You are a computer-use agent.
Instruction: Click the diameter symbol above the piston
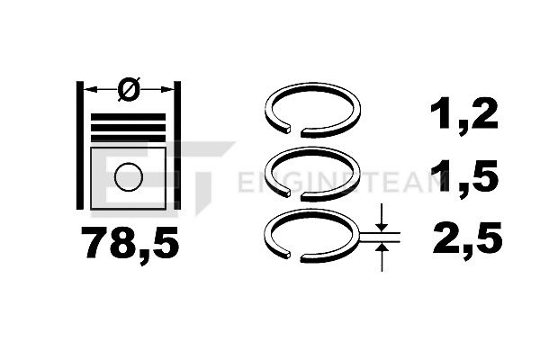click(x=129, y=89)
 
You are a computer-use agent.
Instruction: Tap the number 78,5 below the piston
click(x=130, y=243)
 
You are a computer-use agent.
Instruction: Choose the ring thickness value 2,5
click(x=467, y=238)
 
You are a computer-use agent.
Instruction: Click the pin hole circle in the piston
click(x=129, y=176)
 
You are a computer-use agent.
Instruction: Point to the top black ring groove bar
click(x=128, y=117)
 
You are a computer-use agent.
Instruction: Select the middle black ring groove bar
click(x=128, y=128)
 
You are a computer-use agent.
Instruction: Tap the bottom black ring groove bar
click(x=128, y=139)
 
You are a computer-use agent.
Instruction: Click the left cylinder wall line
click(x=79, y=145)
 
